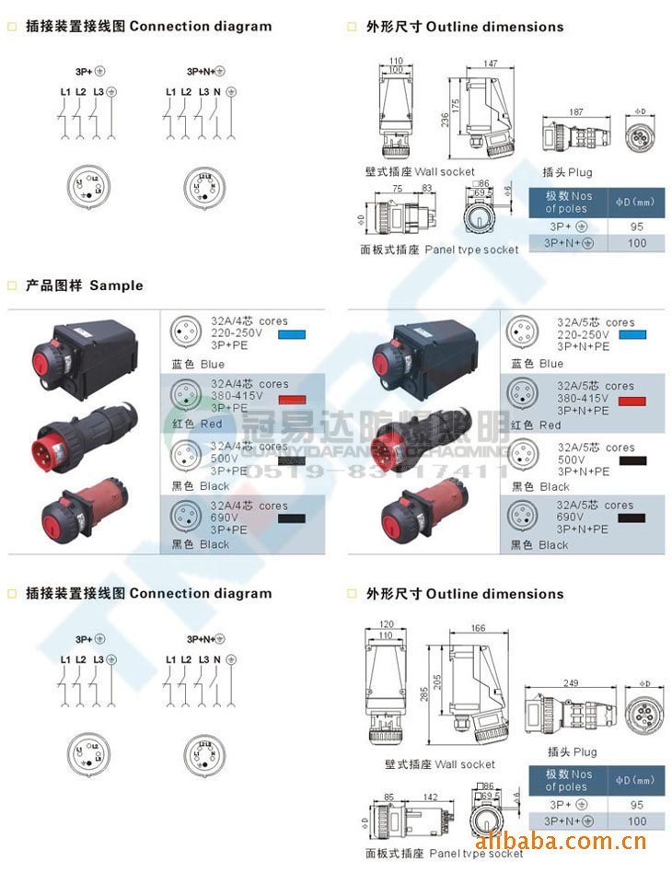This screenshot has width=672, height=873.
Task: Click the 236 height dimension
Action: tap(445, 120)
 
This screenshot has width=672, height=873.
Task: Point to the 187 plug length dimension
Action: tap(575, 111)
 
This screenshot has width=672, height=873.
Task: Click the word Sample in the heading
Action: tap(116, 285)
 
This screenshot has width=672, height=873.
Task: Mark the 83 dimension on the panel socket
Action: tap(426, 189)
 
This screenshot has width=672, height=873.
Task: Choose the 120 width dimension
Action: tap(384, 624)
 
